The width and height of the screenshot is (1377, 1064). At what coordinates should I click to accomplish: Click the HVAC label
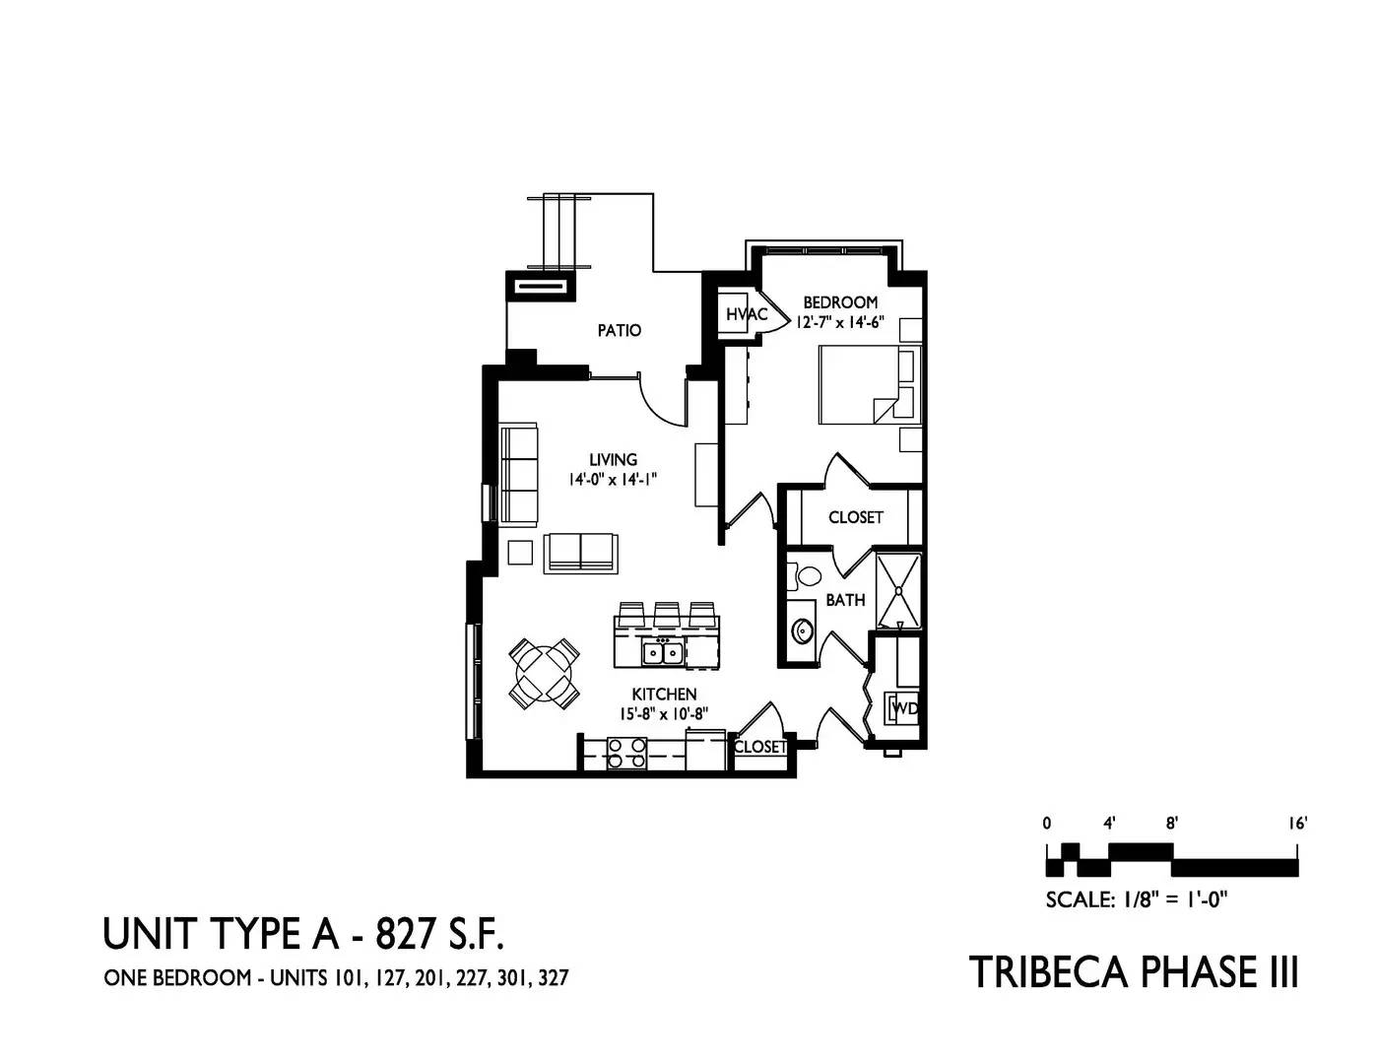(748, 313)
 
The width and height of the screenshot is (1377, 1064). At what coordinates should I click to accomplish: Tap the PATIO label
(620, 330)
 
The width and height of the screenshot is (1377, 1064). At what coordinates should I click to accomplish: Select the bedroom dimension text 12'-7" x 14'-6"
(840, 322)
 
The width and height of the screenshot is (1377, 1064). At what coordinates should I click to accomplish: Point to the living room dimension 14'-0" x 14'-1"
(612, 481)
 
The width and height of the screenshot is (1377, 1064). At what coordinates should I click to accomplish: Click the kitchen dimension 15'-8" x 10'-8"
(664, 713)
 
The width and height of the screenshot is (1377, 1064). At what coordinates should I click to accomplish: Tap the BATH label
(845, 600)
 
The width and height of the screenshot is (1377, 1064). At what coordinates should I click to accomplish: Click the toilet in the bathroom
(804, 577)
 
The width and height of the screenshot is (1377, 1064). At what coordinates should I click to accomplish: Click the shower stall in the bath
(898, 590)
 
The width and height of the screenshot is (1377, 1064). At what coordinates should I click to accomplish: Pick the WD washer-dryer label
(905, 708)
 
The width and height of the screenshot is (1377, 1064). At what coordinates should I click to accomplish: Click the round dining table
(545, 673)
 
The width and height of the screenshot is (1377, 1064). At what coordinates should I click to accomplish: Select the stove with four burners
(626, 753)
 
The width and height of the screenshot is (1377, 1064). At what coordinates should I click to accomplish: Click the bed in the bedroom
(870, 384)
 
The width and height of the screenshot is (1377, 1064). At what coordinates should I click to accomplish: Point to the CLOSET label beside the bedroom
(856, 517)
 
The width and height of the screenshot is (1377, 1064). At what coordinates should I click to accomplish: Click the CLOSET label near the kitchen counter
(760, 747)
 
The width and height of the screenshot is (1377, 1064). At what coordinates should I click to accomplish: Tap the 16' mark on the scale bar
(1297, 824)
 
